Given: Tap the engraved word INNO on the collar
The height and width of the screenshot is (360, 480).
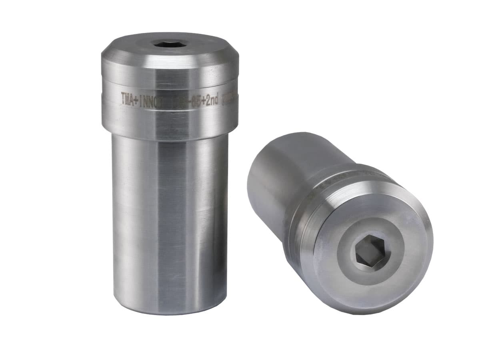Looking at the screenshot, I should point(147,100).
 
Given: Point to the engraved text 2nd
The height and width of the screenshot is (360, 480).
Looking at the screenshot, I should point(210,100).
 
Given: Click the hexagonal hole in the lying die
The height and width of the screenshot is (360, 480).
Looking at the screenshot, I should point(370,252).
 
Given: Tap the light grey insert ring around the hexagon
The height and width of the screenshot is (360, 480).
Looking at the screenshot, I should point(390,264).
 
